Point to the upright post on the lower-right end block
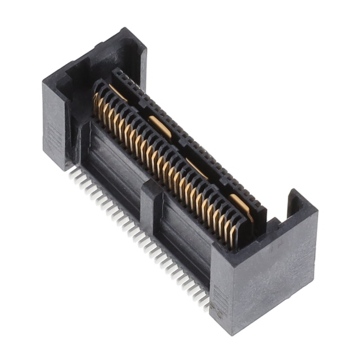pos(296,204)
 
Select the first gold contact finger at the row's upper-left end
pos(97,104)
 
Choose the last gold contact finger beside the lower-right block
pos(232,235)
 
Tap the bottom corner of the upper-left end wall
pos(63,169)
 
